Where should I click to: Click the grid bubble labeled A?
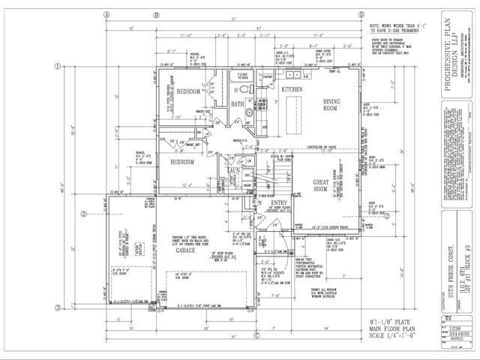tap(107, 14)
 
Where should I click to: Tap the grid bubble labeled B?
tap(157, 14)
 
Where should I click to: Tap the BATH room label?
tap(237, 105)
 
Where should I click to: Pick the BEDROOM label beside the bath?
tap(188, 91)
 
